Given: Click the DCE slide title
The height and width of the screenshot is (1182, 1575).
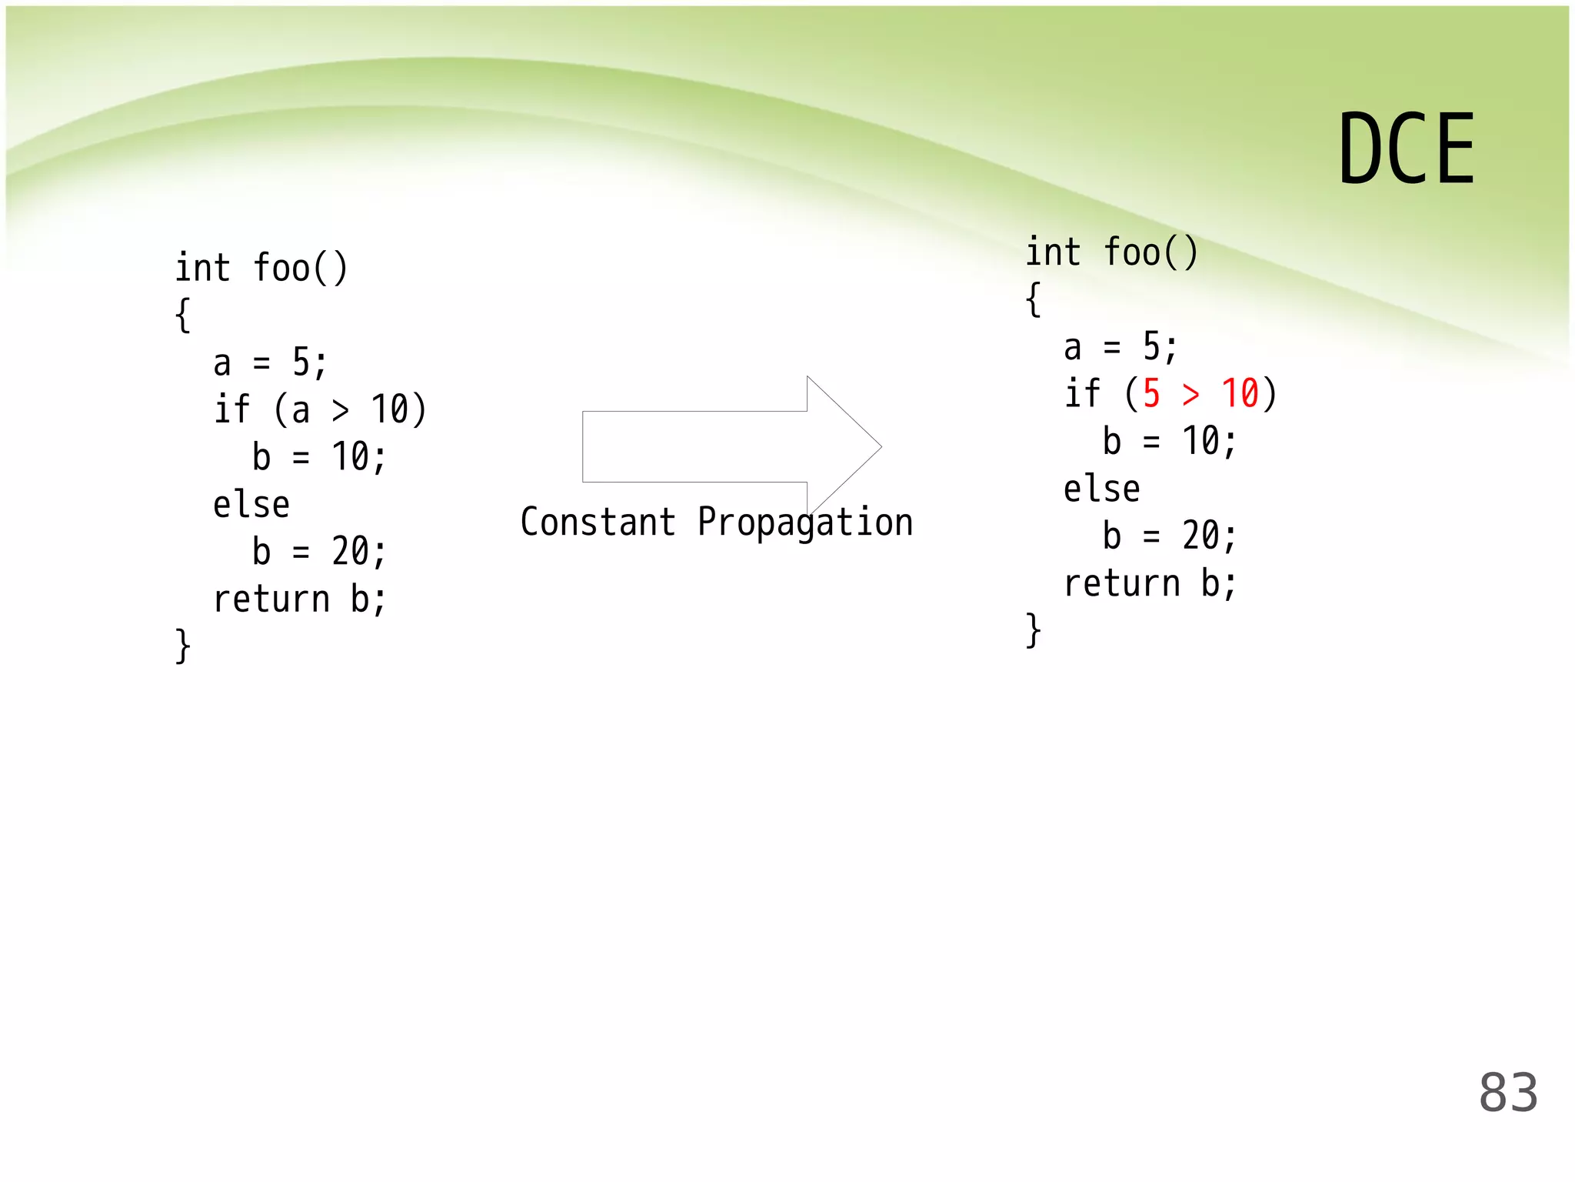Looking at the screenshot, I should click(1406, 149).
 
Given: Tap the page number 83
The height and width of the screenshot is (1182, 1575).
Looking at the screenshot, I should click(1508, 1092).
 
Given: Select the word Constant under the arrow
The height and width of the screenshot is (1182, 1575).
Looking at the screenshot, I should click(598, 523).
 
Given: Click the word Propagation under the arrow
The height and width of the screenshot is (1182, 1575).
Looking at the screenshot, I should click(805, 523).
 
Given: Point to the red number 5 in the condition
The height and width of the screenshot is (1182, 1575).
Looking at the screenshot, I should click(1151, 394).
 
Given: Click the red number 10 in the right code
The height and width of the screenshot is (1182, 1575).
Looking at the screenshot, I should click(1240, 394).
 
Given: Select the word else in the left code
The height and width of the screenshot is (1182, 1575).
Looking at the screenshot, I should click(251, 505).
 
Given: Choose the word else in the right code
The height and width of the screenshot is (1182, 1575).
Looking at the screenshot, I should click(1101, 489).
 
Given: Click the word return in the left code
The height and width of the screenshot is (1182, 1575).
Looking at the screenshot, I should click(271, 599).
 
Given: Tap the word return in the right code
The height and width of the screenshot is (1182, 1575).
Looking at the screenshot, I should click(1121, 583).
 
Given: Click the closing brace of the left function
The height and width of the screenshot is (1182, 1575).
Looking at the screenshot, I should click(182, 646).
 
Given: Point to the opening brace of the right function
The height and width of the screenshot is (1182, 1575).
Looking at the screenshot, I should click(1034, 299).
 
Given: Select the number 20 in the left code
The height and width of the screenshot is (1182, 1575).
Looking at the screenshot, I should click(351, 552).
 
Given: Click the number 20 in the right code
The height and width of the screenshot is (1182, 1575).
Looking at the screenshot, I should click(1200, 536).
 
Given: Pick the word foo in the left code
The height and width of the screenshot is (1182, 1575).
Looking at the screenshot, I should click(281, 268).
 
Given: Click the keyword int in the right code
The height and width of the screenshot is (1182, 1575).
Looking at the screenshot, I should click(1053, 252).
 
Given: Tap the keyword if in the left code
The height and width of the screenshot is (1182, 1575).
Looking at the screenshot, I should click(231, 409).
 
